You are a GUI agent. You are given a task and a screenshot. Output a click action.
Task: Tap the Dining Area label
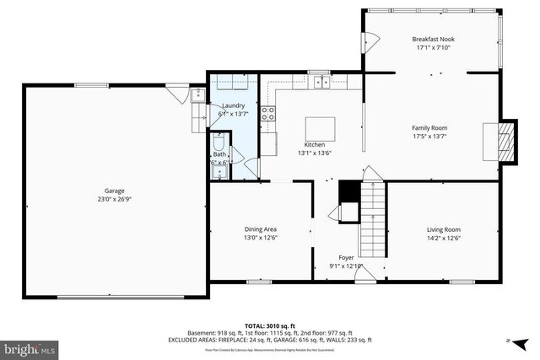pos(260,229)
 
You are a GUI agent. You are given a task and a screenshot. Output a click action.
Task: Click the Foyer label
pos(346,257)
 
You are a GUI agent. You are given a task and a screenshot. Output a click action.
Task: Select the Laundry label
pos(233,105)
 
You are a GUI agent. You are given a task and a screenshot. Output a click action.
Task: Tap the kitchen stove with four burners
pos(268,116)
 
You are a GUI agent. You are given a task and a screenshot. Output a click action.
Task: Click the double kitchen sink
pos(320,82)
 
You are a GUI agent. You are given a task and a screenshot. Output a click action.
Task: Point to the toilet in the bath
pos(219,141)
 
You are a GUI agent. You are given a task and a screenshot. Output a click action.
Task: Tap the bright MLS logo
pos(29,347)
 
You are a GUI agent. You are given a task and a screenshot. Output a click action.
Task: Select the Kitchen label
pos(314,144)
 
